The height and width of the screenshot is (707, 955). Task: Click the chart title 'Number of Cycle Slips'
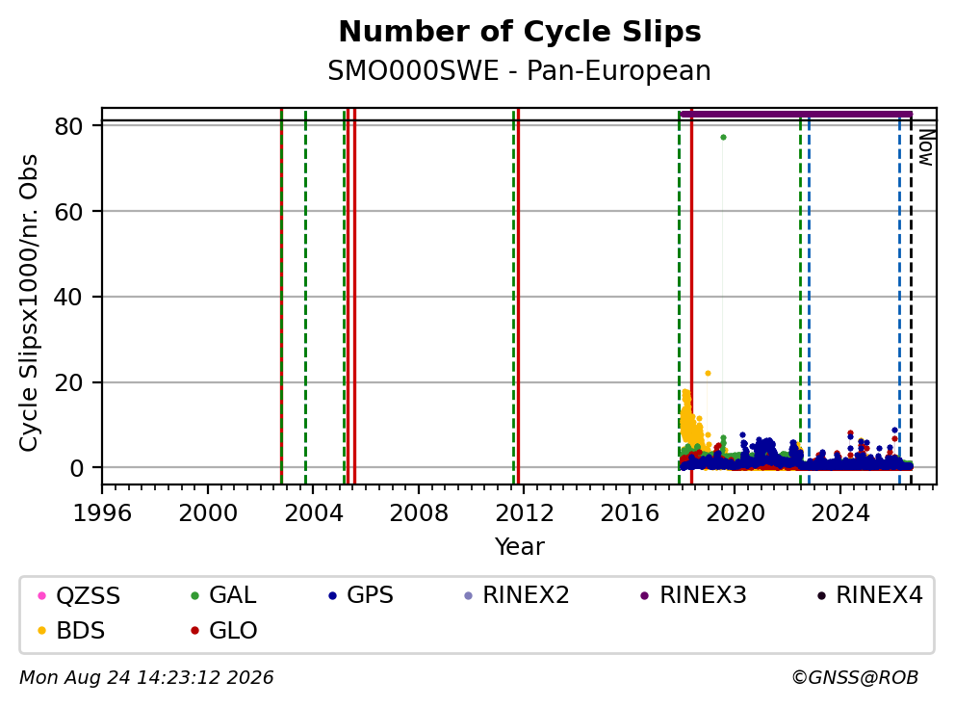click(520, 32)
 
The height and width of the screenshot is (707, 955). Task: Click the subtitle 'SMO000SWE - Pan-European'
click(520, 70)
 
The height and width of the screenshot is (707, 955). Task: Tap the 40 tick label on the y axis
click(68, 298)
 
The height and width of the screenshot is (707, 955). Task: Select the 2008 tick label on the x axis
click(419, 513)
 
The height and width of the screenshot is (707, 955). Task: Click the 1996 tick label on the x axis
click(102, 513)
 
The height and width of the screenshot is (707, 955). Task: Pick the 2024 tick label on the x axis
click(840, 513)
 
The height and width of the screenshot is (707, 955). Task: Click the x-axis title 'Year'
click(520, 547)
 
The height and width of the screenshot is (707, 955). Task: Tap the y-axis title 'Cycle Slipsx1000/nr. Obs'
click(29, 302)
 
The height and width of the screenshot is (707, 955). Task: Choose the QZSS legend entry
click(79, 595)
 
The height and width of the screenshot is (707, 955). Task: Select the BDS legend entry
click(71, 631)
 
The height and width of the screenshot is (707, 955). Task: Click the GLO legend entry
click(224, 631)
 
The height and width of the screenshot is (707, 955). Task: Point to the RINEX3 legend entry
click(694, 595)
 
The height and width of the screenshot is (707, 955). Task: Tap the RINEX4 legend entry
click(869, 595)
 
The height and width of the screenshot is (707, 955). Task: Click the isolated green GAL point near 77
click(723, 137)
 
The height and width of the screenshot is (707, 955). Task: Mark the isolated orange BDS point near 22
click(708, 373)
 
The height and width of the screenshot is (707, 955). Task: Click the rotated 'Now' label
click(926, 146)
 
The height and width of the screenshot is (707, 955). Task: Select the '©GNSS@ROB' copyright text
click(855, 678)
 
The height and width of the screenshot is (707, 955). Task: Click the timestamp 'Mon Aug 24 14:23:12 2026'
click(146, 678)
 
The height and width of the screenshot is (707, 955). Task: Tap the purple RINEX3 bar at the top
click(796, 114)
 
